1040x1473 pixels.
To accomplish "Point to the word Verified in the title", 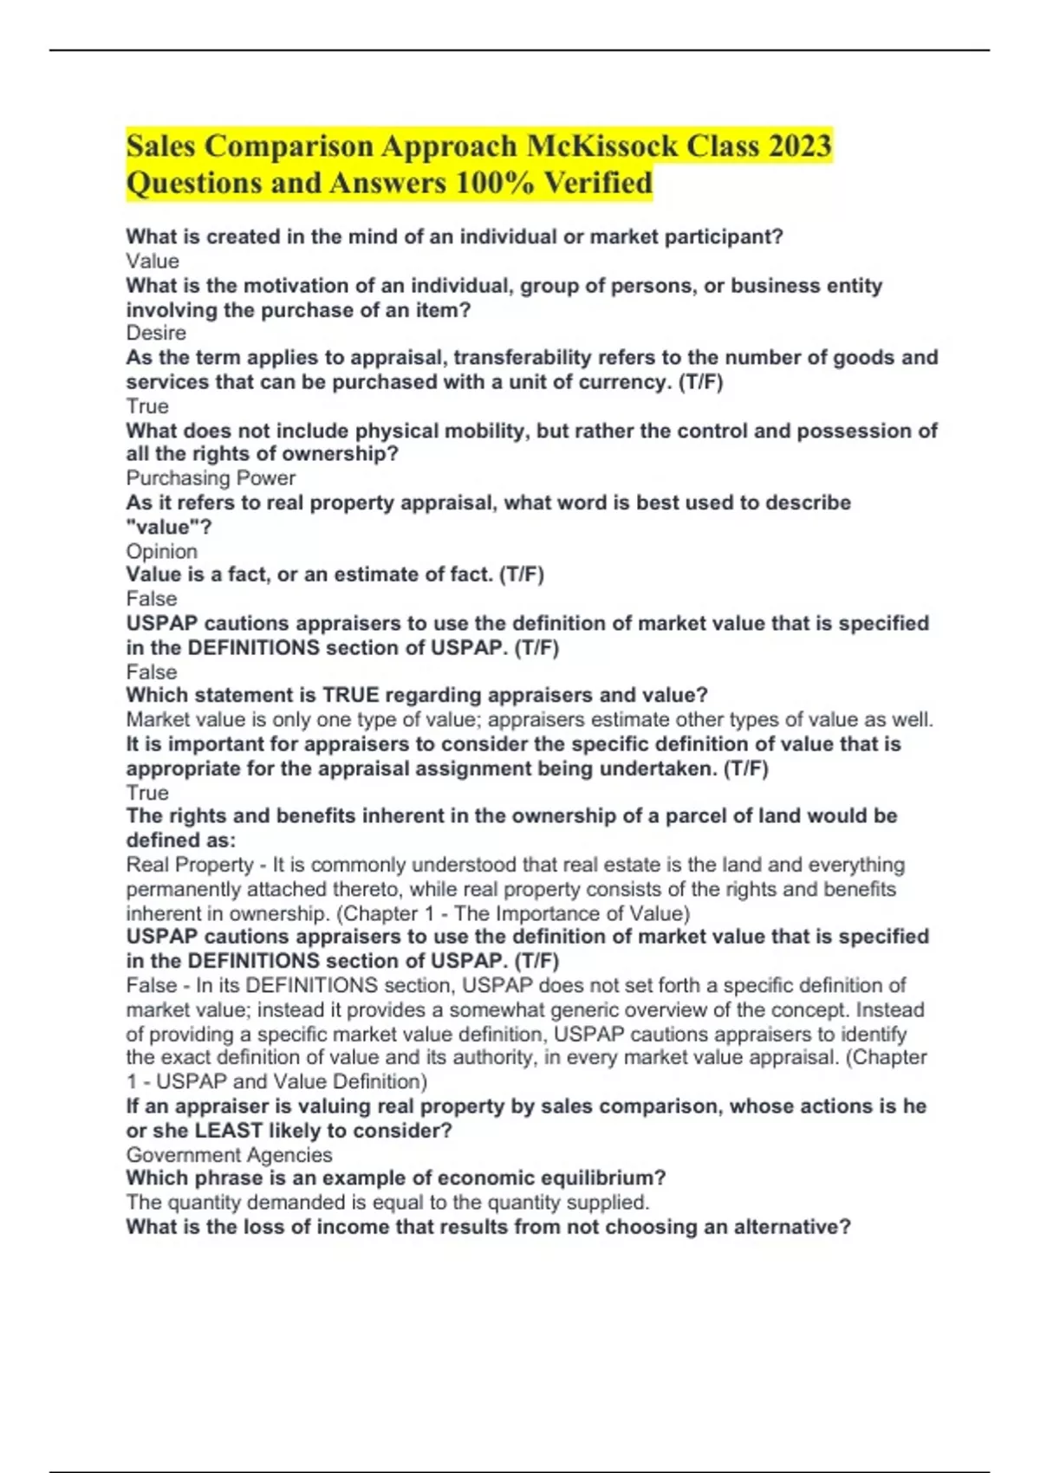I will (597, 183).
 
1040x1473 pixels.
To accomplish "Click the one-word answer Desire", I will (156, 334).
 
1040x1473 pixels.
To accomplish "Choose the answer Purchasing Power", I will (211, 478).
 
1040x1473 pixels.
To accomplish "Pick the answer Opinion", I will (162, 551).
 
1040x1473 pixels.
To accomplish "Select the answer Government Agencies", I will (229, 1155).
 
